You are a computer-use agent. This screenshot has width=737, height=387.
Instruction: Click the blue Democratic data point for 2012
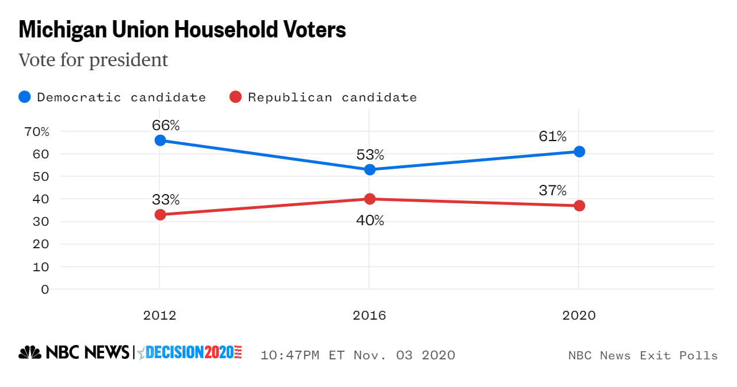coord(160,141)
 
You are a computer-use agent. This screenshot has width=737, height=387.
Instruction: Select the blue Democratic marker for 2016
coord(370,169)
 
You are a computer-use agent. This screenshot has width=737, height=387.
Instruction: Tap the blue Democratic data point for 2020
coord(579,151)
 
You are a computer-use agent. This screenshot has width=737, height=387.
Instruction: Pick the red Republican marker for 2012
coord(160,215)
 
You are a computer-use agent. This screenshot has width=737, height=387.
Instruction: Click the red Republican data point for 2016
coord(370,199)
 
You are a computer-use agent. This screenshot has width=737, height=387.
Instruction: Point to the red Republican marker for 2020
coord(579,206)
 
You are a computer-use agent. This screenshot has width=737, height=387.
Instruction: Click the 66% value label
coord(166,125)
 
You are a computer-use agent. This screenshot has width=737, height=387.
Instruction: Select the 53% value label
coord(370,154)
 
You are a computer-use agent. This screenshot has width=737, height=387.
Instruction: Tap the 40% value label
coord(370,220)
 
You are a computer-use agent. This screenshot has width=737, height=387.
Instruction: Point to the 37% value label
coord(553,190)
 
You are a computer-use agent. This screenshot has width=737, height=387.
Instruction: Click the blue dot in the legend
coord(25,97)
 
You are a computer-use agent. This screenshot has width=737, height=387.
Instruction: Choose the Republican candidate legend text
coord(332,97)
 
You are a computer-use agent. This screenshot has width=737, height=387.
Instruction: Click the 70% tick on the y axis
coord(37,131)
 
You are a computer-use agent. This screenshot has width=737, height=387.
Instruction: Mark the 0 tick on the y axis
coord(45,289)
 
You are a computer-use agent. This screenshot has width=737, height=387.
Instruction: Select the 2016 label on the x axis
coord(370,316)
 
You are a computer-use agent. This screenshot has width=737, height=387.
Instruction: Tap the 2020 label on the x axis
coord(579,316)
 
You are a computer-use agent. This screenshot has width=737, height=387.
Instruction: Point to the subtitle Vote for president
coord(93,60)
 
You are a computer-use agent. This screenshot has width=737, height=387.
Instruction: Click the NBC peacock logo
coord(30,352)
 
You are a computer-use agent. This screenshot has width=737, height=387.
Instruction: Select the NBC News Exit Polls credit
coord(643,355)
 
